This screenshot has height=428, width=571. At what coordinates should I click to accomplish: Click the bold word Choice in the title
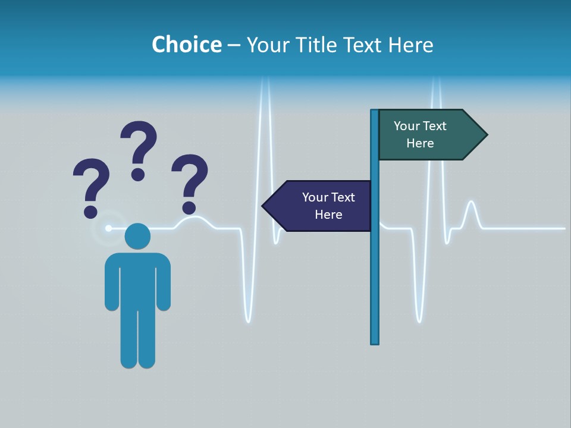pyautogui.click(x=186, y=45)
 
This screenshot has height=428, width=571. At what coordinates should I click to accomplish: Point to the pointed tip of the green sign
pyautogui.click(x=485, y=135)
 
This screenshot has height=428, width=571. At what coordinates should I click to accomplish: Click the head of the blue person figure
pyautogui.click(x=137, y=236)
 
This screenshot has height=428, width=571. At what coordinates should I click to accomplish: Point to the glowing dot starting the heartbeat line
pyautogui.click(x=108, y=228)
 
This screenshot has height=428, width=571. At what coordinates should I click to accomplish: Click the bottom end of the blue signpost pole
pyautogui.click(x=375, y=341)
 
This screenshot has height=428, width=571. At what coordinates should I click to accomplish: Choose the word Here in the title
pyautogui.click(x=410, y=45)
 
